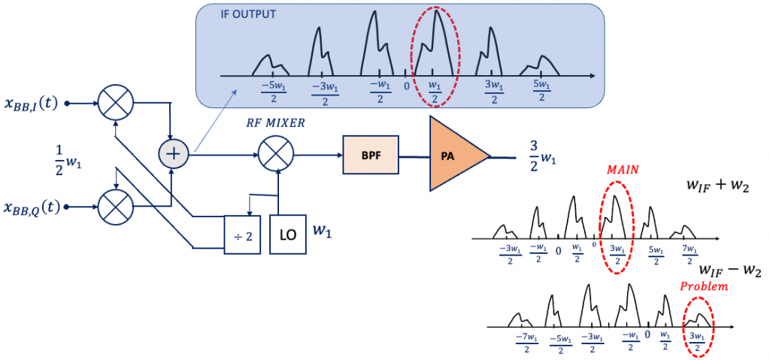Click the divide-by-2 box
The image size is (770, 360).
tap(243, 233)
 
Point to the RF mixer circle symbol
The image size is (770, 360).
tap(276, 156)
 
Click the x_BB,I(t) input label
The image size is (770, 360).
tap(32, 103)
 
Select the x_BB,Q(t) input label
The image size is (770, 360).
tap(32, 206)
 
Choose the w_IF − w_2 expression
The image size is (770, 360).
tap(730, 269)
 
